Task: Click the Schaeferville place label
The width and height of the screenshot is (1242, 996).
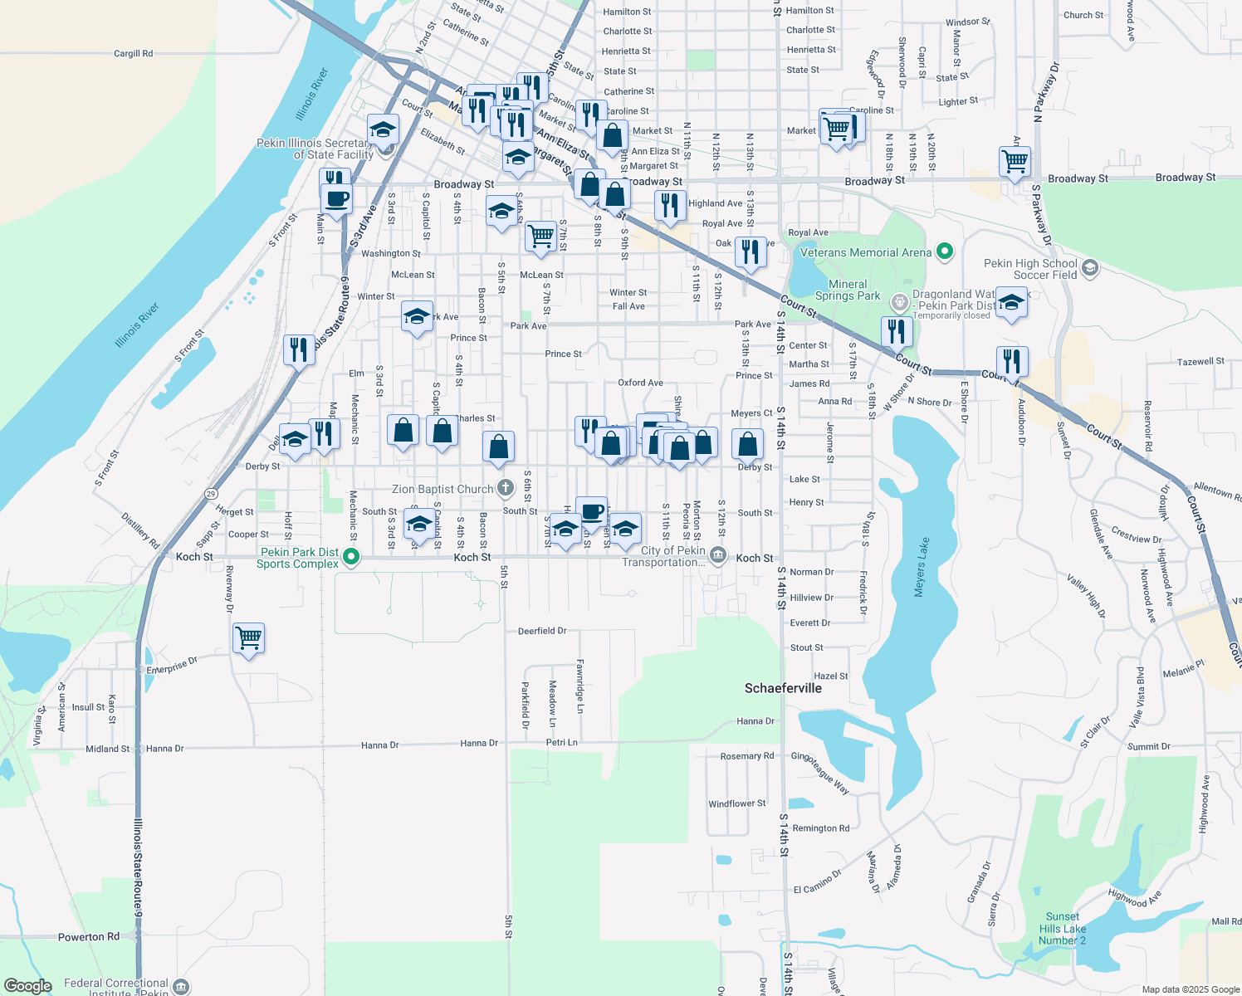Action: click(x=783, y=688)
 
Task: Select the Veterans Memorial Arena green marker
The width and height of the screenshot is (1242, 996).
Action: click(x=944, y=251)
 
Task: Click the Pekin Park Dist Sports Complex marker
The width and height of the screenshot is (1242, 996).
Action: click(x=351, y=557)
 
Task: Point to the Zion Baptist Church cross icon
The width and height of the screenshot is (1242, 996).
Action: click(x=505, y=488)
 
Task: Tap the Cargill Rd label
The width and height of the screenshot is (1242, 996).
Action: click(x=133, y=53)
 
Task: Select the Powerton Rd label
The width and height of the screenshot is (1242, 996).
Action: click(x=89, y=937)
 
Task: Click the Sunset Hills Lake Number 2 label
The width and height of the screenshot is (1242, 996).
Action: click(x=1062, y=929)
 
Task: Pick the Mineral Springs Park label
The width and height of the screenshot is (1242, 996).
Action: click(x=848, y=290)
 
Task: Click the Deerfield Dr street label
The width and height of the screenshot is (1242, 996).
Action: click(x=542, y=631)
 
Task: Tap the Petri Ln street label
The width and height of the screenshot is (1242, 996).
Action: click(x=562, y=742)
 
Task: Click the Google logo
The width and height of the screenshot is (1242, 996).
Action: click(x=28, y=986)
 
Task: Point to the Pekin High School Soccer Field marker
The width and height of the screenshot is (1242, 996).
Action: click(x=1090, y=267)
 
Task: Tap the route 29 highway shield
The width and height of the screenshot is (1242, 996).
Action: click(x=211, y=494)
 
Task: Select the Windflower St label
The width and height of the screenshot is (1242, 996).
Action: click(x=737, y=803)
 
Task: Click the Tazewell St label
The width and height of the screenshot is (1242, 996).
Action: click(x=1200, y=361)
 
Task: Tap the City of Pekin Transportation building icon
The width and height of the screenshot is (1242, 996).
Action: click(x=719, y=554)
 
